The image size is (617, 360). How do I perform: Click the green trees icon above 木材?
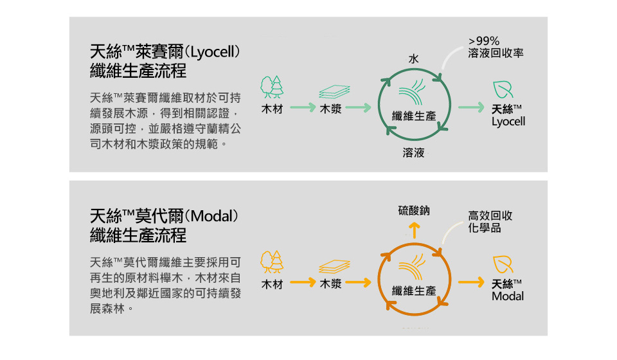[271, 87]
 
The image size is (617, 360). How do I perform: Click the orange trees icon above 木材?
[271, 262]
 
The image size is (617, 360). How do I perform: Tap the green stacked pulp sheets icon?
[334, 92]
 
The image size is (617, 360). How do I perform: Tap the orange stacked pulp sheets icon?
[334, 266]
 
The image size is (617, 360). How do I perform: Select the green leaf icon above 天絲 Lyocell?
[503, 90]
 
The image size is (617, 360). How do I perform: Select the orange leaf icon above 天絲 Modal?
[503, 264]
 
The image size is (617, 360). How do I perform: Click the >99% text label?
[483, 41]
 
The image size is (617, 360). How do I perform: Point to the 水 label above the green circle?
[413, 59]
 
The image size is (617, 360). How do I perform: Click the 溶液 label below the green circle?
[413, 152]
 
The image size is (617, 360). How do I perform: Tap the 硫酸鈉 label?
[414, 210]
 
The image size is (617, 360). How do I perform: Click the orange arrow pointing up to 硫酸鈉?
[414, 231]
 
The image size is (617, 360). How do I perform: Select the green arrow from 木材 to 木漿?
[303, 107]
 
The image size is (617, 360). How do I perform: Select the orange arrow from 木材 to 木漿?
[303, 282]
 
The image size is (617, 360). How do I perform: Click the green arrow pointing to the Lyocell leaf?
[471, 107]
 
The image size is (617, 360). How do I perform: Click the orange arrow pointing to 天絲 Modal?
[471, 282]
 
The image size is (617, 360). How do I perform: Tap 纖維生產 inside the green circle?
[414, 116]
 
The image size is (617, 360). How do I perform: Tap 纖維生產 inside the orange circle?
[414, 291]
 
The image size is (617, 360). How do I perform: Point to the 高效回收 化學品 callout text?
[490, 222]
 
